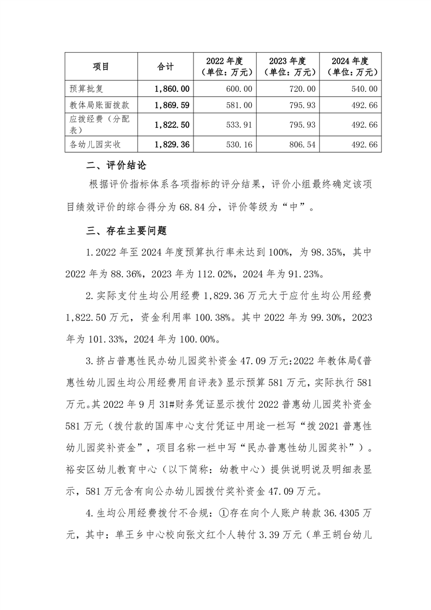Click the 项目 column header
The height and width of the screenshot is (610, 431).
pos(101,66)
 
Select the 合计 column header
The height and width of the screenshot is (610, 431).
pos(165,66)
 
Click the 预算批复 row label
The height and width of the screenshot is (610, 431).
pos(82,89)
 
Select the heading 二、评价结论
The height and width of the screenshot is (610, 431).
pos(116,165)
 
